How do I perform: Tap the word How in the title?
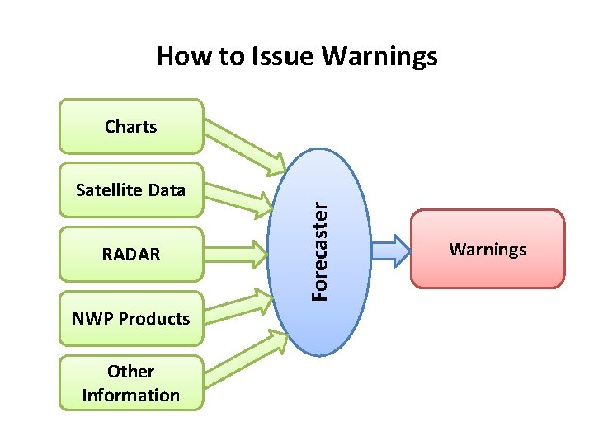coord(182,56)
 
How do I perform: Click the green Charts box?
coord(130,127)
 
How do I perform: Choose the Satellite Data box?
coord(130,190)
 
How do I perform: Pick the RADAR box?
coord(130,255)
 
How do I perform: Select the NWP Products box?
coord(130,318)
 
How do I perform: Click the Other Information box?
coord(130,383)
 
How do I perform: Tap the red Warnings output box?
coord(488,249)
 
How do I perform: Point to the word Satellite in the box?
coord(99,190)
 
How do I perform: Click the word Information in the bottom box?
coord(130,395)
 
